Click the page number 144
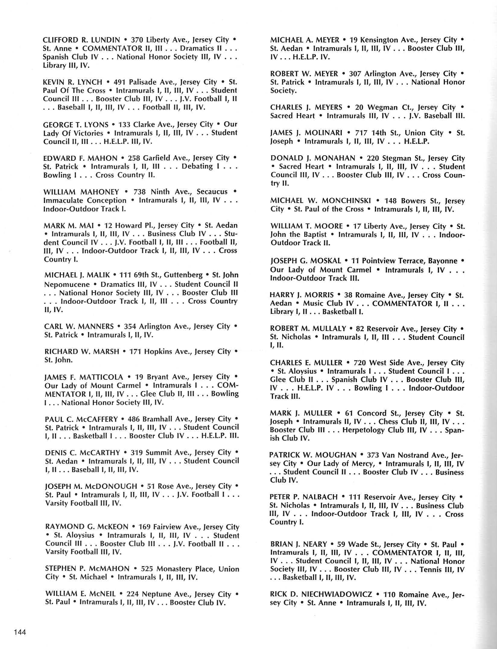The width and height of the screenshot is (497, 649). (20, 632)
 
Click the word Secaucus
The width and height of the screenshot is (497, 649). (212, 192)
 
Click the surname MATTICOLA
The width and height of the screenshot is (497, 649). (101, 377)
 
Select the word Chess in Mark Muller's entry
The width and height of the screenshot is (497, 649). (388, 421)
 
